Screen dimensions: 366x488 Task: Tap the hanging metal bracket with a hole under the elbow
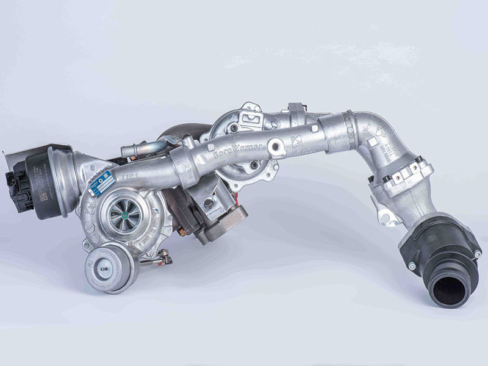[x=384, y=214]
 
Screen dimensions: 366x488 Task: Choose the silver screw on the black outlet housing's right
[x=478, y=253]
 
